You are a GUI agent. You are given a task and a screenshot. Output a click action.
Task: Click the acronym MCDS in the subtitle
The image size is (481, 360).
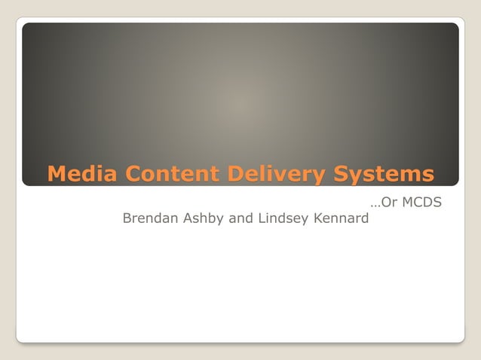point(422,203)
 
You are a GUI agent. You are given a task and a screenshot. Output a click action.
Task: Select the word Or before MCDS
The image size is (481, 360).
point(390,203)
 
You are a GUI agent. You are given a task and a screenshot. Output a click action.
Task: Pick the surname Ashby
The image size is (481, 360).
point(204,218)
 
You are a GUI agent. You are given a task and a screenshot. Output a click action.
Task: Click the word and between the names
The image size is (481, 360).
point(243,218)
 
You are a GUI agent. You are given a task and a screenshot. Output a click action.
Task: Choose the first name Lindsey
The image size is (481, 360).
point(283,218)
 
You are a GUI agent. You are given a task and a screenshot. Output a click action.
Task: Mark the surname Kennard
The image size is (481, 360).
point(341,218)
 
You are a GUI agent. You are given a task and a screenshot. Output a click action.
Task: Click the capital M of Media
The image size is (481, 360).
point(56,174)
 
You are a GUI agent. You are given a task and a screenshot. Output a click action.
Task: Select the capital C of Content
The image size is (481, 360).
point(133,174)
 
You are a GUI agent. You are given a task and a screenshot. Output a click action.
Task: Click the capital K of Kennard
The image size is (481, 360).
point(317,218)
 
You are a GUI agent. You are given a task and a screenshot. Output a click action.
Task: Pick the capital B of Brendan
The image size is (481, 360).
point(127,218)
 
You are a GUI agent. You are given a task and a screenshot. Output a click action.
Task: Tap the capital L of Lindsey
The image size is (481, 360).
point(262,218)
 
